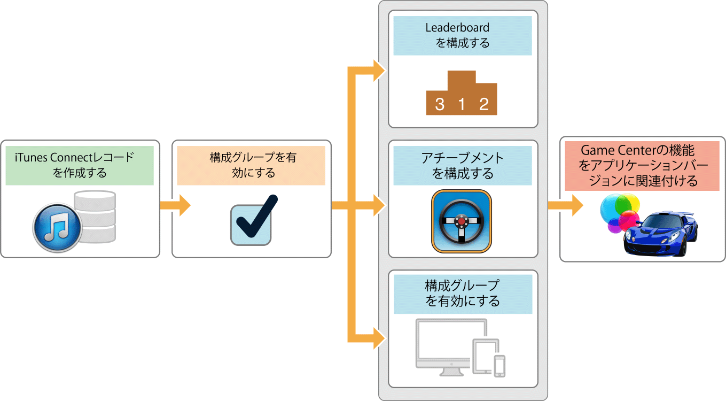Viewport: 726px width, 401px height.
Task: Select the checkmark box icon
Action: [251, 223]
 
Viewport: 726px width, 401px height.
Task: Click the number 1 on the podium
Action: [462, 104]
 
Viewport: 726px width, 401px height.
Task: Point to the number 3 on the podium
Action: [439, 104]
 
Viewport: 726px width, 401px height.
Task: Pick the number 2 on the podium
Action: [484, 104]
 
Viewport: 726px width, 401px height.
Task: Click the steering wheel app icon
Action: [462, 220]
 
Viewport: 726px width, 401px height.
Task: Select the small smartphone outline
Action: [499, 366]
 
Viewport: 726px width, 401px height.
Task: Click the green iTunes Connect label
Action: [80, 165]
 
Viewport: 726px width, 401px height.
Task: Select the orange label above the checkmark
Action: [251, 165]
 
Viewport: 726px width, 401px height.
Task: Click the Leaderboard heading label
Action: [463, 35]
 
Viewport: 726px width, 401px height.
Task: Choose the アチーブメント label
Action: [463, 166]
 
